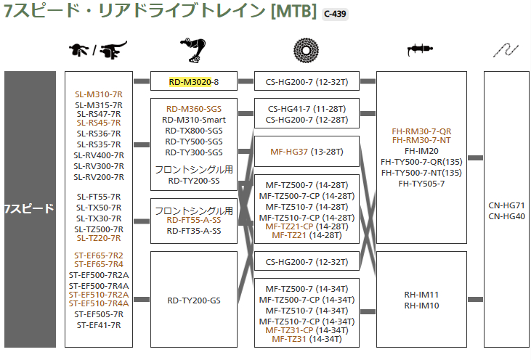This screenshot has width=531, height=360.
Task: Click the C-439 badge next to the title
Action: tap(335, 14)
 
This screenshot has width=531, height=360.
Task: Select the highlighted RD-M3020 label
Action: tap(190, 82)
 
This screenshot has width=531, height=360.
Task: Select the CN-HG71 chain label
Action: tap(507, 205)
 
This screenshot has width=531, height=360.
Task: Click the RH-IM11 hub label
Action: tap(422, 295)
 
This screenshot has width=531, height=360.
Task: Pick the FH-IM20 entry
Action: tap(422, 151)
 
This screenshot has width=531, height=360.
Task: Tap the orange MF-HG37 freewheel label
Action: tap(289, 152)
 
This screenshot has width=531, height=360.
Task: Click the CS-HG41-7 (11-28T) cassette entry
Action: tap(306, 109)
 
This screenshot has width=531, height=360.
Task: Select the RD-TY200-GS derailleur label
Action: tap(193, 299)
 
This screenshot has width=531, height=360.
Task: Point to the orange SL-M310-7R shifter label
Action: tap(99, 94)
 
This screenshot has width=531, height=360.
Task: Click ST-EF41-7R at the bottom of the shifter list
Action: tap(99, 324)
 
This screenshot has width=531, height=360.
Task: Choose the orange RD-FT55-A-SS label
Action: tap(193, 220)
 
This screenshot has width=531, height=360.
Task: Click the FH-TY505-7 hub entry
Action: tap(422, 183)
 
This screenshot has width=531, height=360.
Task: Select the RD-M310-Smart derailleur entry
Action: tap(193, 120)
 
